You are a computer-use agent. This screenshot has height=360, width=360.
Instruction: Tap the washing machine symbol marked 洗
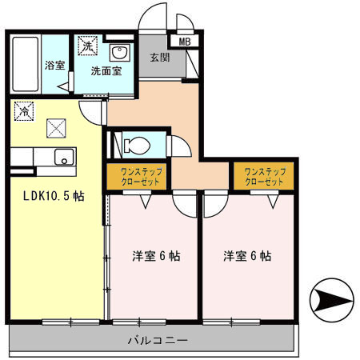[86, 47]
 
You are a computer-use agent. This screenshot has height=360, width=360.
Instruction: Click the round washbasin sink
[121, 54]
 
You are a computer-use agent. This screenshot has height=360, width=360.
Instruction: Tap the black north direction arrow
[334, 302]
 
